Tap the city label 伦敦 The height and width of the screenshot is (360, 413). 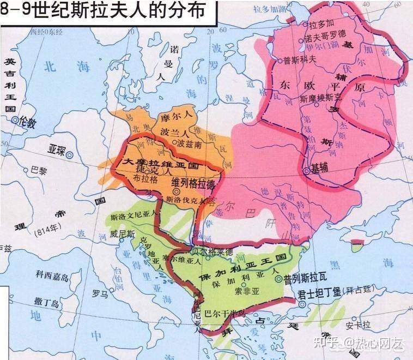27,123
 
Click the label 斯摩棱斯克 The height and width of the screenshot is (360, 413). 324,98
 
